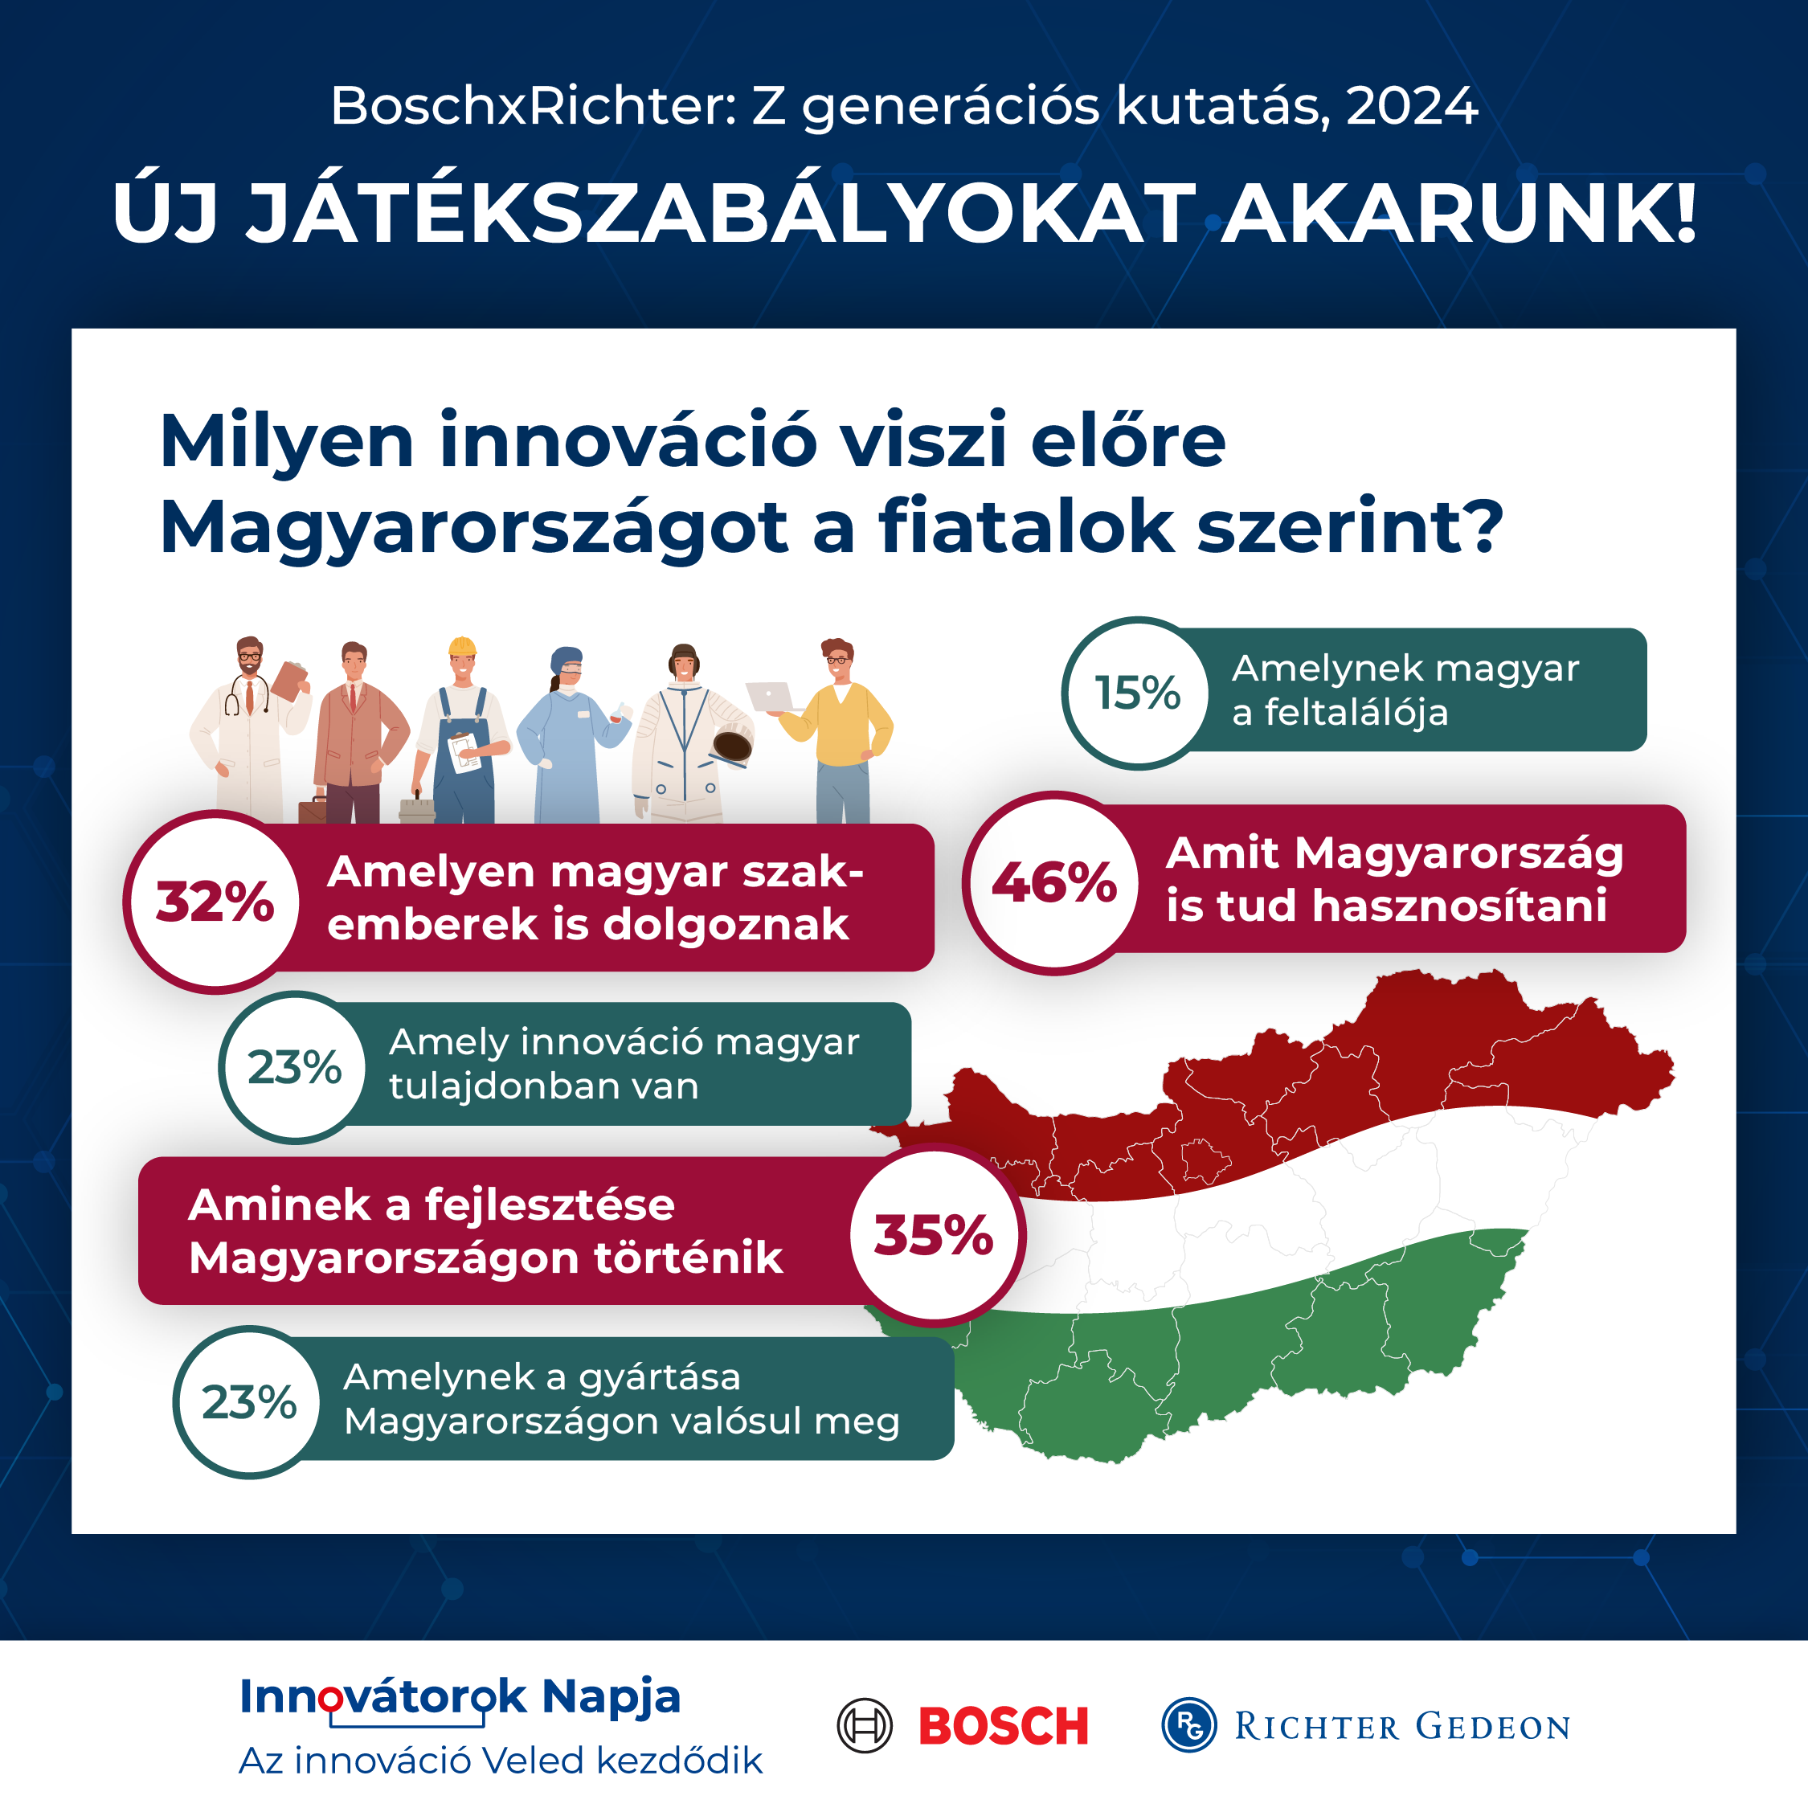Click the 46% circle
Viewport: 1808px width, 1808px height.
point(1053,882)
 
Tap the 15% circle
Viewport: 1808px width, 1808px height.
point(1138,693)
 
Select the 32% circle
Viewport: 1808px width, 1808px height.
point(215,902)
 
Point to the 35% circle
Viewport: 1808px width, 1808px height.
point(934,1234)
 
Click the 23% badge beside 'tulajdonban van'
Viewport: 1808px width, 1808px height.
point(295,1067)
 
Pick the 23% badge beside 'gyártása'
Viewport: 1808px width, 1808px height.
point(250,1402)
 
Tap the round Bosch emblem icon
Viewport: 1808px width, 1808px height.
point(864,1724)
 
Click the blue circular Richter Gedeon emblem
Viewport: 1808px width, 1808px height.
point(1188,1724)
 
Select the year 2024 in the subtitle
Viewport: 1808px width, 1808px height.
point(1412,106)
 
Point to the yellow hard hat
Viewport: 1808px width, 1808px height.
point(462,647)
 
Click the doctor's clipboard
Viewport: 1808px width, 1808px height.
point(289,681)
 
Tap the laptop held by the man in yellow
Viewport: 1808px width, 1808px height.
point(769,696)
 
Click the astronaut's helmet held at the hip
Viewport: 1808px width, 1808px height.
point(733,747)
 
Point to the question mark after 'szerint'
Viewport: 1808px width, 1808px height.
point(1483,527)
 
